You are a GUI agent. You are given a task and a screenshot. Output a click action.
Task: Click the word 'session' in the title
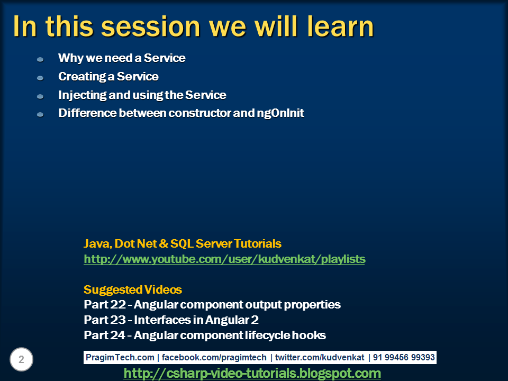(x=150, y=26)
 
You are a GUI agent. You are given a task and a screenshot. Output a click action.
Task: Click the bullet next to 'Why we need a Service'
(x=40, y=59)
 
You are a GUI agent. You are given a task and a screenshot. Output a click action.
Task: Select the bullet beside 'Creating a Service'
(x=40, y=78)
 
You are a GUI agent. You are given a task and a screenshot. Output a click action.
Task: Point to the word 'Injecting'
(x=82, y=95)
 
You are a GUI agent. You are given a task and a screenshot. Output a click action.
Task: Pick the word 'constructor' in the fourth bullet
(x=199, y=113)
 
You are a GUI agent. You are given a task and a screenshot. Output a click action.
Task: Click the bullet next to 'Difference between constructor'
(x=40, y=114)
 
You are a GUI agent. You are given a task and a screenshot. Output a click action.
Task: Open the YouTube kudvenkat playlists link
(x=224, y=259)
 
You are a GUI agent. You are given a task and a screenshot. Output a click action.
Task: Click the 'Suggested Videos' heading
(x=132, y=290)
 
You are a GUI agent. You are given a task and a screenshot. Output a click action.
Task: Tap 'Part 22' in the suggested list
(x=104, y=305)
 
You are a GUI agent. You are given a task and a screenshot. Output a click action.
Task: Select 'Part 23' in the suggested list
(x=104, y=320)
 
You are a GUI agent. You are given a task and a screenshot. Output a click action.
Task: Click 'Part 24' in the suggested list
(x=104, y=335)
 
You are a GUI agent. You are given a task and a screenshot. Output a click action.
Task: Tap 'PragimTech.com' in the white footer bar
(x=120, y=358)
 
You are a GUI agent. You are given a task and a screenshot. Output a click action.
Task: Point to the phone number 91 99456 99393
(x=404, y=358)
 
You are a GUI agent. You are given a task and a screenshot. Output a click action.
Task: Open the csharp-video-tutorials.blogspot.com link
(x=252, y=374)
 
